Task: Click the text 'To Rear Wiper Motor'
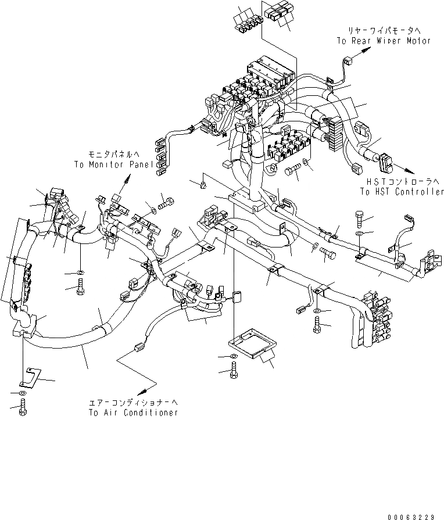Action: pyautogui.click(x=384, y=41)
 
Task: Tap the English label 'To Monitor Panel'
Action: pyautogui.click(x=114, y=164)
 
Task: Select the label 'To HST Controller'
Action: pyautogui.click(x=402, y=191)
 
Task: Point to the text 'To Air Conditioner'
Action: pyautogui.click(x=133, y=413)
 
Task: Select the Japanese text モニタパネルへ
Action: pyautogui.click(x=114, y=155)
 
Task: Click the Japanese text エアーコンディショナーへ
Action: pyautogui.click(x=133, y=402)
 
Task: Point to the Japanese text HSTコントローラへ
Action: pyautogui.click(x=402, y=181)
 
